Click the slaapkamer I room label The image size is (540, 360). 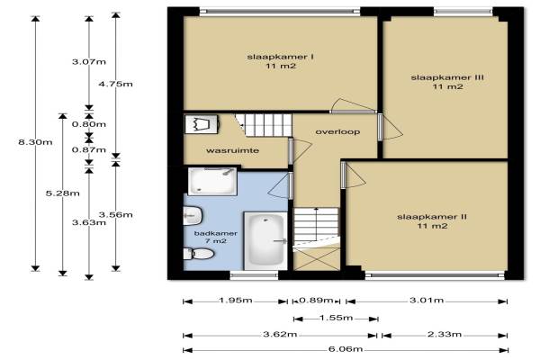tap(280, 61)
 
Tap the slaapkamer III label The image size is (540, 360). tap(447, 82)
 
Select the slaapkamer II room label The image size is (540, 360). tap(432, 221)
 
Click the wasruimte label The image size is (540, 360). tap(232, 150)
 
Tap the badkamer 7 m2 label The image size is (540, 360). tap(216, 237)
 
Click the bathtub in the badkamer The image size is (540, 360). tap(265, 240)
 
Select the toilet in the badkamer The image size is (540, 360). tap(198, 254)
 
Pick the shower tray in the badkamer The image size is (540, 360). tap(212, 181)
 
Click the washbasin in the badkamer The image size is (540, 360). tap(192, 216)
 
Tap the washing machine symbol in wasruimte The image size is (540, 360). tap(202, 124)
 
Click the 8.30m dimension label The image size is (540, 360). tap(35, 142)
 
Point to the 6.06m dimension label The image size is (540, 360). tap(346, 349)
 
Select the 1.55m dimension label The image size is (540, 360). tap(336, 318)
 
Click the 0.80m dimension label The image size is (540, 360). tap(89, 124)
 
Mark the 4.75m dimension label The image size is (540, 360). tap(115, 84)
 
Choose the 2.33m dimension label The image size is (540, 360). tap(445, 334)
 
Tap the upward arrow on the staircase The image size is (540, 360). tap(317, 224)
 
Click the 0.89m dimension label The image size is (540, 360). tap(316, 301)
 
